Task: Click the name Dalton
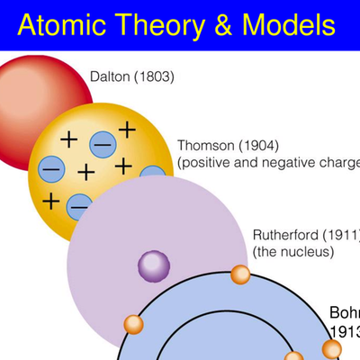[110, 76]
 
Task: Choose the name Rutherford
[289, 235]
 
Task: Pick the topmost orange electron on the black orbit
[239, 274]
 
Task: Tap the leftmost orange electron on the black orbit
[132, 323]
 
